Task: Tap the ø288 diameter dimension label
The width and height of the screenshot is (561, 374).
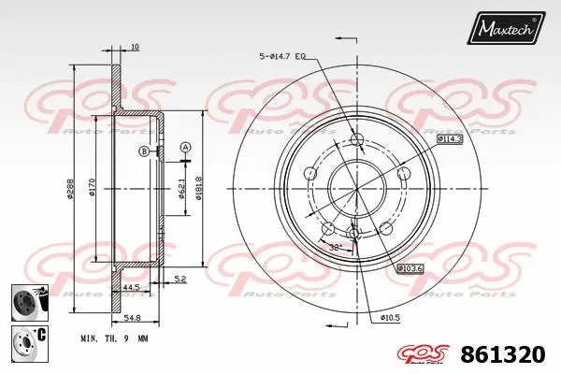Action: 72,192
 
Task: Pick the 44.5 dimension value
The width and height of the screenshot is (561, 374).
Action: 131,287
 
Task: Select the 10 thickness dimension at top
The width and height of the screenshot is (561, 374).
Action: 135,47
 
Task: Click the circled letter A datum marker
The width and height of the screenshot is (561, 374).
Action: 185,147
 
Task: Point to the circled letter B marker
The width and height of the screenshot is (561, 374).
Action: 144,151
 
